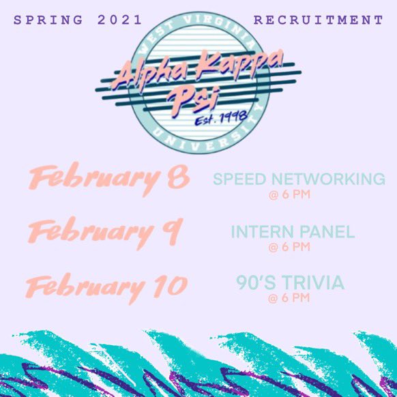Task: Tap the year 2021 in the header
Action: [x=120, y=20]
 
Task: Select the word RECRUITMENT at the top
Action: [x=319, y=20]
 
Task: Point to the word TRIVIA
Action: [x=315, y=282]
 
